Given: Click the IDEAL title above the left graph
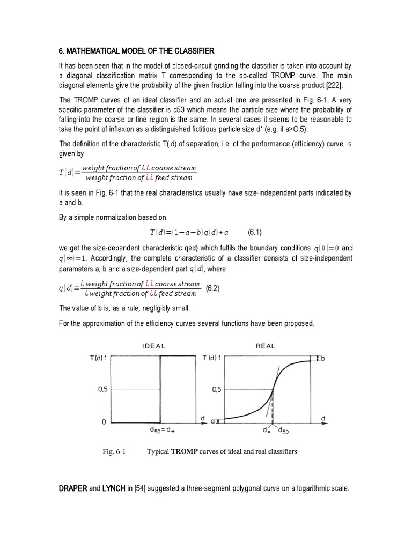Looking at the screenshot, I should coord(153,346).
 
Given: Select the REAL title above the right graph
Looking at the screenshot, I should coord(264,346).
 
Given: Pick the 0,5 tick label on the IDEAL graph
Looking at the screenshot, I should coord(103,390).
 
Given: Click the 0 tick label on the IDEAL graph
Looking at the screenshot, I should coord(104,422).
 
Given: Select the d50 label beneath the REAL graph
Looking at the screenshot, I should coord(282,431).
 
